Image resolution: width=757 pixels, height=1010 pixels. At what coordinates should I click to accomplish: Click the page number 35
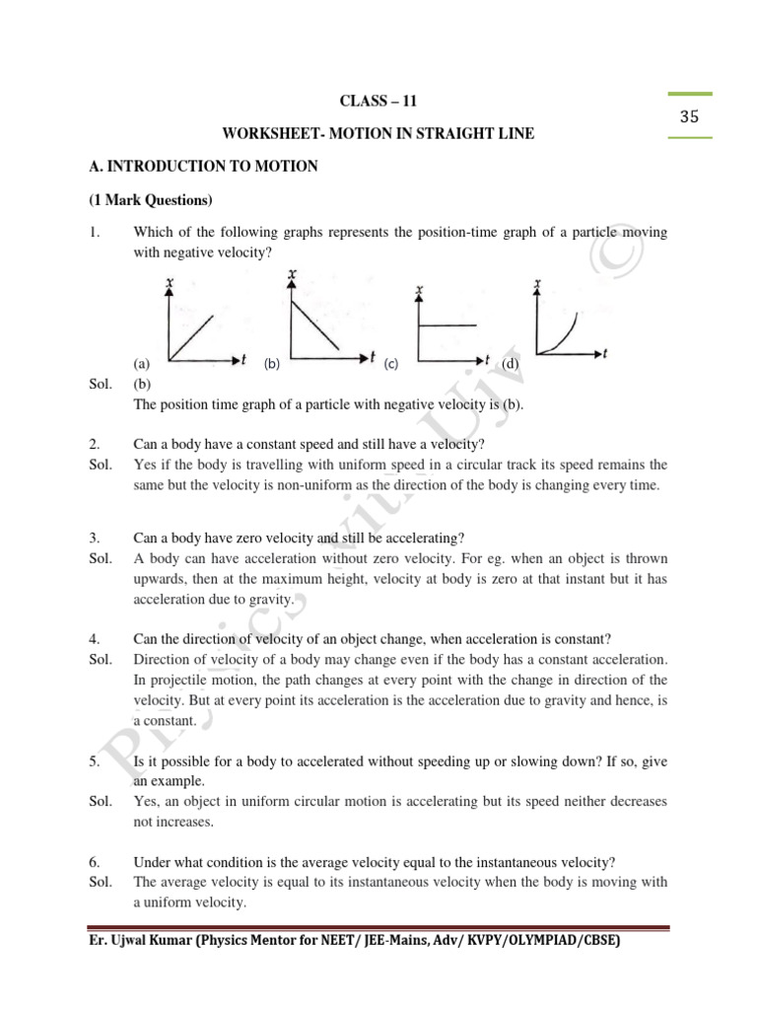pyautogui.click(x=688, y=116)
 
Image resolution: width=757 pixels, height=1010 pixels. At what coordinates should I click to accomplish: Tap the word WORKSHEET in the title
pyautogui.click(x=268, y=133)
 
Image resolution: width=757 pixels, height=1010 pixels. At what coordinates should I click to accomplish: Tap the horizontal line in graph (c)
pyautogui.click(x=448, y=325)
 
